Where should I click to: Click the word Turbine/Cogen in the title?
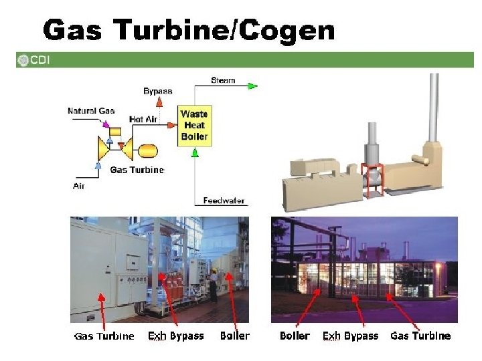click(x=224, y=30)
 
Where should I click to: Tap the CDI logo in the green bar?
click(x=34, y=60)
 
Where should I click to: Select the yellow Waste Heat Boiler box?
click(x=194, y=126)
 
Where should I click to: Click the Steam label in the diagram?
click(x=223, y=80)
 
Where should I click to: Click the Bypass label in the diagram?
click(x=157, y=91)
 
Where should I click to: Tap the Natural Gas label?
click(x=91, y=110)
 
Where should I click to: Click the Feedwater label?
click(x=224, y=200)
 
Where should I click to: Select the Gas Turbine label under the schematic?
click(x=137, y=170)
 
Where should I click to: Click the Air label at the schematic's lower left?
click(x=79, y=186)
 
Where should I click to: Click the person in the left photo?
click(x=213, y=283)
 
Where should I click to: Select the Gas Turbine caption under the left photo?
click(x=104, y=336)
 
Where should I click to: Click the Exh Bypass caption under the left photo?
click(x=175, y=336)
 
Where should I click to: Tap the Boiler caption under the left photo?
click(x=234, y=336)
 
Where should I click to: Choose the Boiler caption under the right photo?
click(x=295, y=336)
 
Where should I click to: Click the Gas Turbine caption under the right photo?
click(x=420, y=336)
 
